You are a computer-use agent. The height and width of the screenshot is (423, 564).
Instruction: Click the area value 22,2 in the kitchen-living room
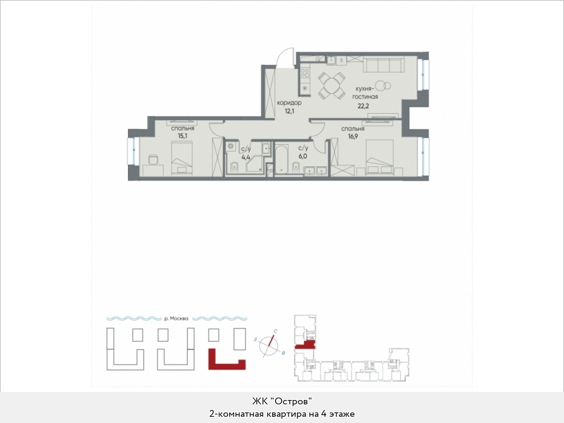click(x=363, y=106)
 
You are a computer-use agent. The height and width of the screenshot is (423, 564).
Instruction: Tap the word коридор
click(x=289, y=102)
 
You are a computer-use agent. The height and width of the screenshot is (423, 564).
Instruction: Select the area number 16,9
click(x=353, y=136)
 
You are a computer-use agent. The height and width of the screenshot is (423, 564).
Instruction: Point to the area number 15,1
click(x=183, y=135)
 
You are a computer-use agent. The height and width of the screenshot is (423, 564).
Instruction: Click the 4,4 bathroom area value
click(x=246, y=157)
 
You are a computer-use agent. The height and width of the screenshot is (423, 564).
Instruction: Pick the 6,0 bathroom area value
click(x=302, y=156)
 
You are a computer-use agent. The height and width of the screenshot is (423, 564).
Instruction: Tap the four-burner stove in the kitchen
click(x=305, y=73)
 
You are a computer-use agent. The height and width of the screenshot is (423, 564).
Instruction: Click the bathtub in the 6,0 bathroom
click(x=281, y=160)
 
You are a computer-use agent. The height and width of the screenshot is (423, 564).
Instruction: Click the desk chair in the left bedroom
click(x=153, y=160)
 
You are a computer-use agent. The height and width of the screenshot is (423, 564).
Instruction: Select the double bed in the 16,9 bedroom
click(x=379, y=157)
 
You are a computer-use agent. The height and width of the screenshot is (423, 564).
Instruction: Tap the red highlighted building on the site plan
click(x=227, y=359)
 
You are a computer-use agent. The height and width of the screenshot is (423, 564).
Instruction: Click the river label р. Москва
click(x=176, y=318)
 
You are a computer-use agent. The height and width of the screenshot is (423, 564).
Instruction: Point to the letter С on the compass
click(x=275, y=331)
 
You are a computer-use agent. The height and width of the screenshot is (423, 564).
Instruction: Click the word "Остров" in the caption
click(x=294, y=401)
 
